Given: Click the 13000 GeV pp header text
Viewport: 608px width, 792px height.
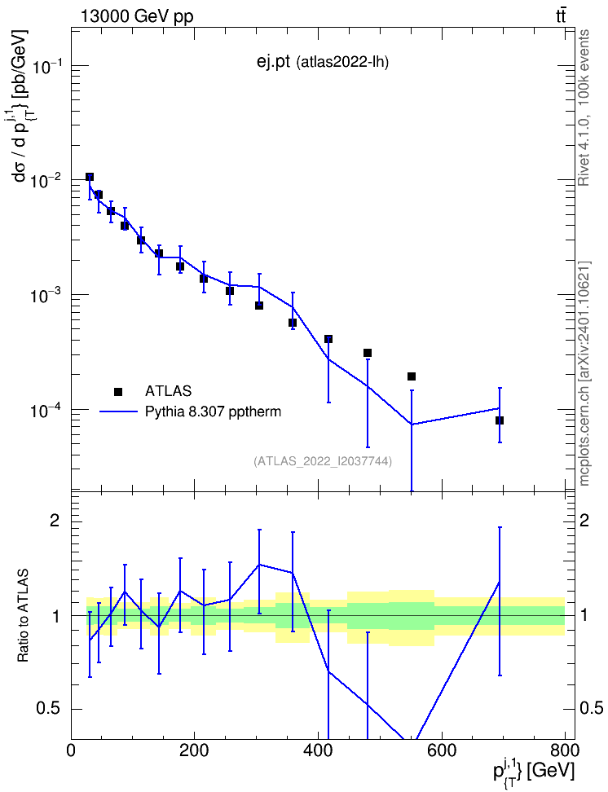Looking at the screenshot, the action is click(x=136, y=17).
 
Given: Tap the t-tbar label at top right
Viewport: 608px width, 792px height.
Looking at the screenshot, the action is click(x=561, y=16).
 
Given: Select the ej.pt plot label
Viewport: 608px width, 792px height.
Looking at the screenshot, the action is click(x=273, y=62).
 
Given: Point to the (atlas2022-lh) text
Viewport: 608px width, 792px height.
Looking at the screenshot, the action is click(x=342, y=63).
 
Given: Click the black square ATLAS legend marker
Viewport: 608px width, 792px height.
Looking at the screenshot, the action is click(x=118, y=391).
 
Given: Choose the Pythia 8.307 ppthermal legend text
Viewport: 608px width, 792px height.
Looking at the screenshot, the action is click(x=213, y=412).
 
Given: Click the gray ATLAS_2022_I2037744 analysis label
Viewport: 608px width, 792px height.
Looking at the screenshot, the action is click(x=323, y=461).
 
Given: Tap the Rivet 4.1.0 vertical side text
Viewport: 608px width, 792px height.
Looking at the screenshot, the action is click(x=584, y=108).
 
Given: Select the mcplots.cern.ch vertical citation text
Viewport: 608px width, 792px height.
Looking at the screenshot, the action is click(x=584, y=374).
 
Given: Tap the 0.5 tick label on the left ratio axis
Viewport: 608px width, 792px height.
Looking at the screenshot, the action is click(x=48, y=709).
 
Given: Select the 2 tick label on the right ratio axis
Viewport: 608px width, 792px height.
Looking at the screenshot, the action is click(x=584, y=521).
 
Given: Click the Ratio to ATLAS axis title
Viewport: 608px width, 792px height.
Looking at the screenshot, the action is click(x=23, y=615).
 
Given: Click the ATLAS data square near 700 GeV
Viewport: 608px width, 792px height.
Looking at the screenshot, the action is click(x=500, y=420).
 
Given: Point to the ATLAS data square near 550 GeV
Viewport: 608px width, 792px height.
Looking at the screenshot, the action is click(x=412, y=376).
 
